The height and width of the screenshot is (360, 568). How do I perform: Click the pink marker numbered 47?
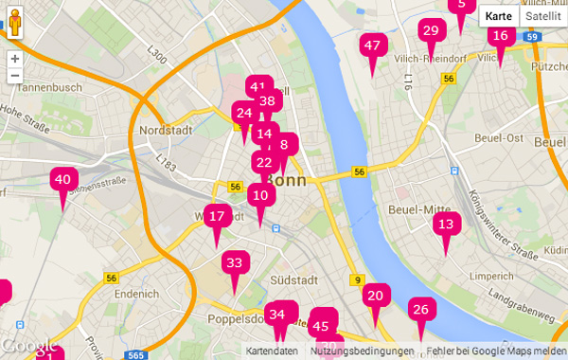pyautogui.click(x=372, y=45)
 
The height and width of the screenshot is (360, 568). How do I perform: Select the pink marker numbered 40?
pyautogui.click(x=63, y=179)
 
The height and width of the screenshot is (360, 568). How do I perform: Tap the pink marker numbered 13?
pyautogui.click(x=446, y=225)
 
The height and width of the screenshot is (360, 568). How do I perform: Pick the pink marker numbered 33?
pyautogui.click(x=235, y=262)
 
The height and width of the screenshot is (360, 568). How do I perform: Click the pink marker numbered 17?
pyautogui.click(x=217, y=216)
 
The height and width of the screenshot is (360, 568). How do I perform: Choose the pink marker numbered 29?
pyautogui.click(x=431, y=31)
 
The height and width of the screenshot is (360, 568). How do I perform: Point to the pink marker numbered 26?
pyautogui.click(x=421, y=309)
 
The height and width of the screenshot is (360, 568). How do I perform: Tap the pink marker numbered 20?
pyautogui.click(x=376, y=296)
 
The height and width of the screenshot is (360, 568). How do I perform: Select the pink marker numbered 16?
pyautogui.click(x=501, y=36)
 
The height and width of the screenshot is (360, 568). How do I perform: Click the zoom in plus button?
pyautogui.click(x=14, y=58)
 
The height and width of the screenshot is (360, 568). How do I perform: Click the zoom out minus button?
pyautogui.click(x=14, y=75)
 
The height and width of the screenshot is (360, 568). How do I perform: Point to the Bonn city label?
pyautogui.click(x=284, y=179)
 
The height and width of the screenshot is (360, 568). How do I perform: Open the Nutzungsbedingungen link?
pyautogui.click(x=362, y=351)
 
